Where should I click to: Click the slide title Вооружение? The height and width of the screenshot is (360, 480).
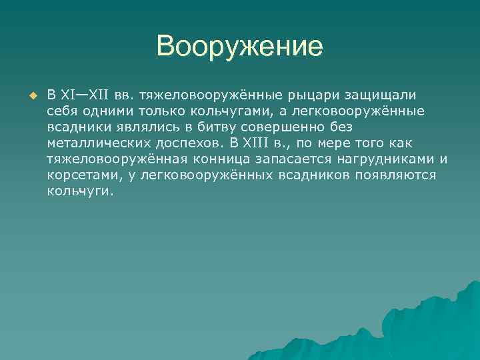tap(239, 47)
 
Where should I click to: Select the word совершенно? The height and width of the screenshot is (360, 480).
tap(273, 126)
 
